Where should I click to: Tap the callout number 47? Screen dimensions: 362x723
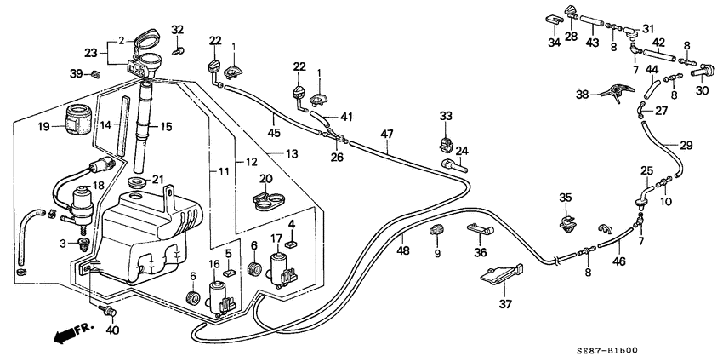click(x=387, y=133)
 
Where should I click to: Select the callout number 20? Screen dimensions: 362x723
click(x=265, y=179)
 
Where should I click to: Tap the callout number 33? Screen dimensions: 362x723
click(x=447, y=115)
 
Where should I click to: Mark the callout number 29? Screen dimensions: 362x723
click(x=687, y=146)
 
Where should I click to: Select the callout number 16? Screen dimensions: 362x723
click(x=214, y=264)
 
